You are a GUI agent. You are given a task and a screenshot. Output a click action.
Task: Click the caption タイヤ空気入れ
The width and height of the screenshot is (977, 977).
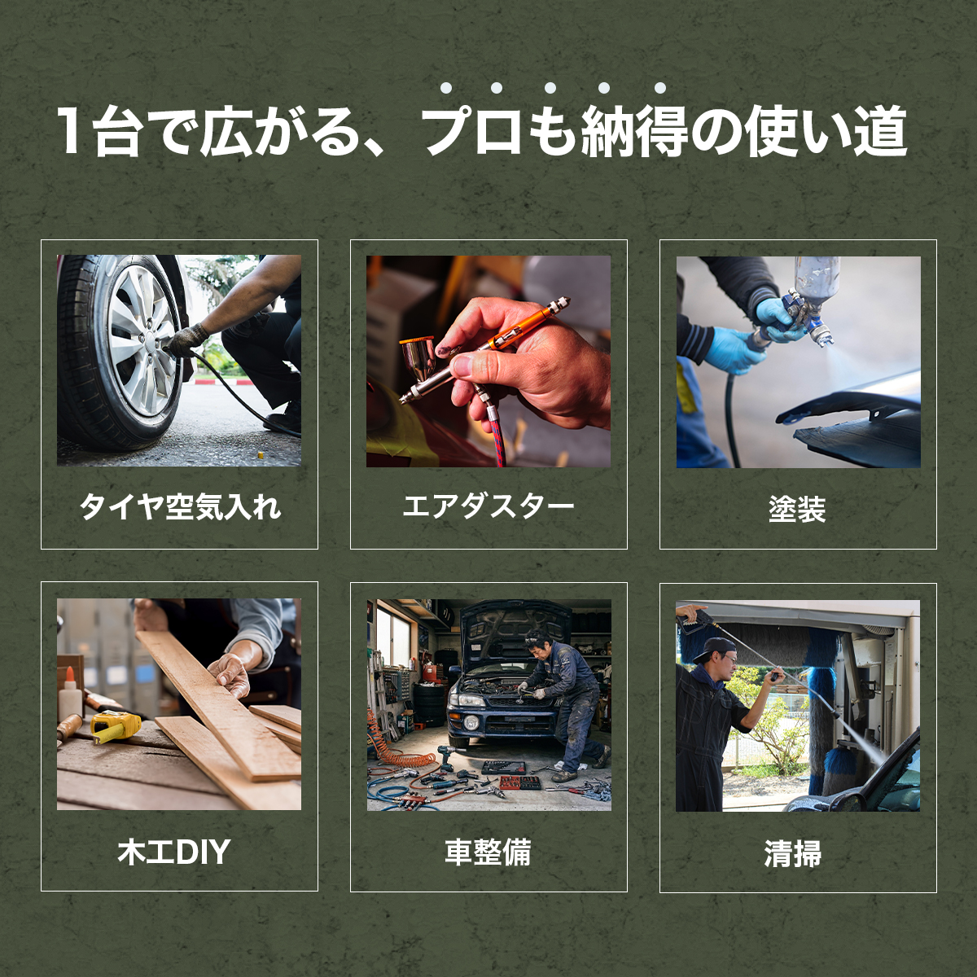coord(180,506)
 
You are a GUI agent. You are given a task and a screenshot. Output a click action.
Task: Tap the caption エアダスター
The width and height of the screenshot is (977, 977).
coord(488,506)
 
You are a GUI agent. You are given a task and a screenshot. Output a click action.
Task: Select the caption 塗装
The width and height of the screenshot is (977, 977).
coord(797,508)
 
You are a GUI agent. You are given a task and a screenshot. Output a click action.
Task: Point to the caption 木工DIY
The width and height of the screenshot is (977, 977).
coord(174,852)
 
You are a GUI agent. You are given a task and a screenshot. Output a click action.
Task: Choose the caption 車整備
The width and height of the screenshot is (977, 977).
coord(488,852)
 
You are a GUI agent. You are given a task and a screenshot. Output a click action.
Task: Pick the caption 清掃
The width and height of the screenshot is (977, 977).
coord(793,853)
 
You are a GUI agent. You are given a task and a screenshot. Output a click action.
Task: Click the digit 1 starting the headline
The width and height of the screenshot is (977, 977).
coord(69,131)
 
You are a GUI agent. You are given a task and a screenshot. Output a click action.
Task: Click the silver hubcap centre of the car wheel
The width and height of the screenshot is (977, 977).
coord(147,338)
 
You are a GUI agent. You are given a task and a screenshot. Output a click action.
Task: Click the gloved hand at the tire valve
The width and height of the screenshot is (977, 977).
coord(186,340)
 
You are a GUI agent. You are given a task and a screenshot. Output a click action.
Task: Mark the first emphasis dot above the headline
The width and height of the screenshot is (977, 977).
coord(446,88)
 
